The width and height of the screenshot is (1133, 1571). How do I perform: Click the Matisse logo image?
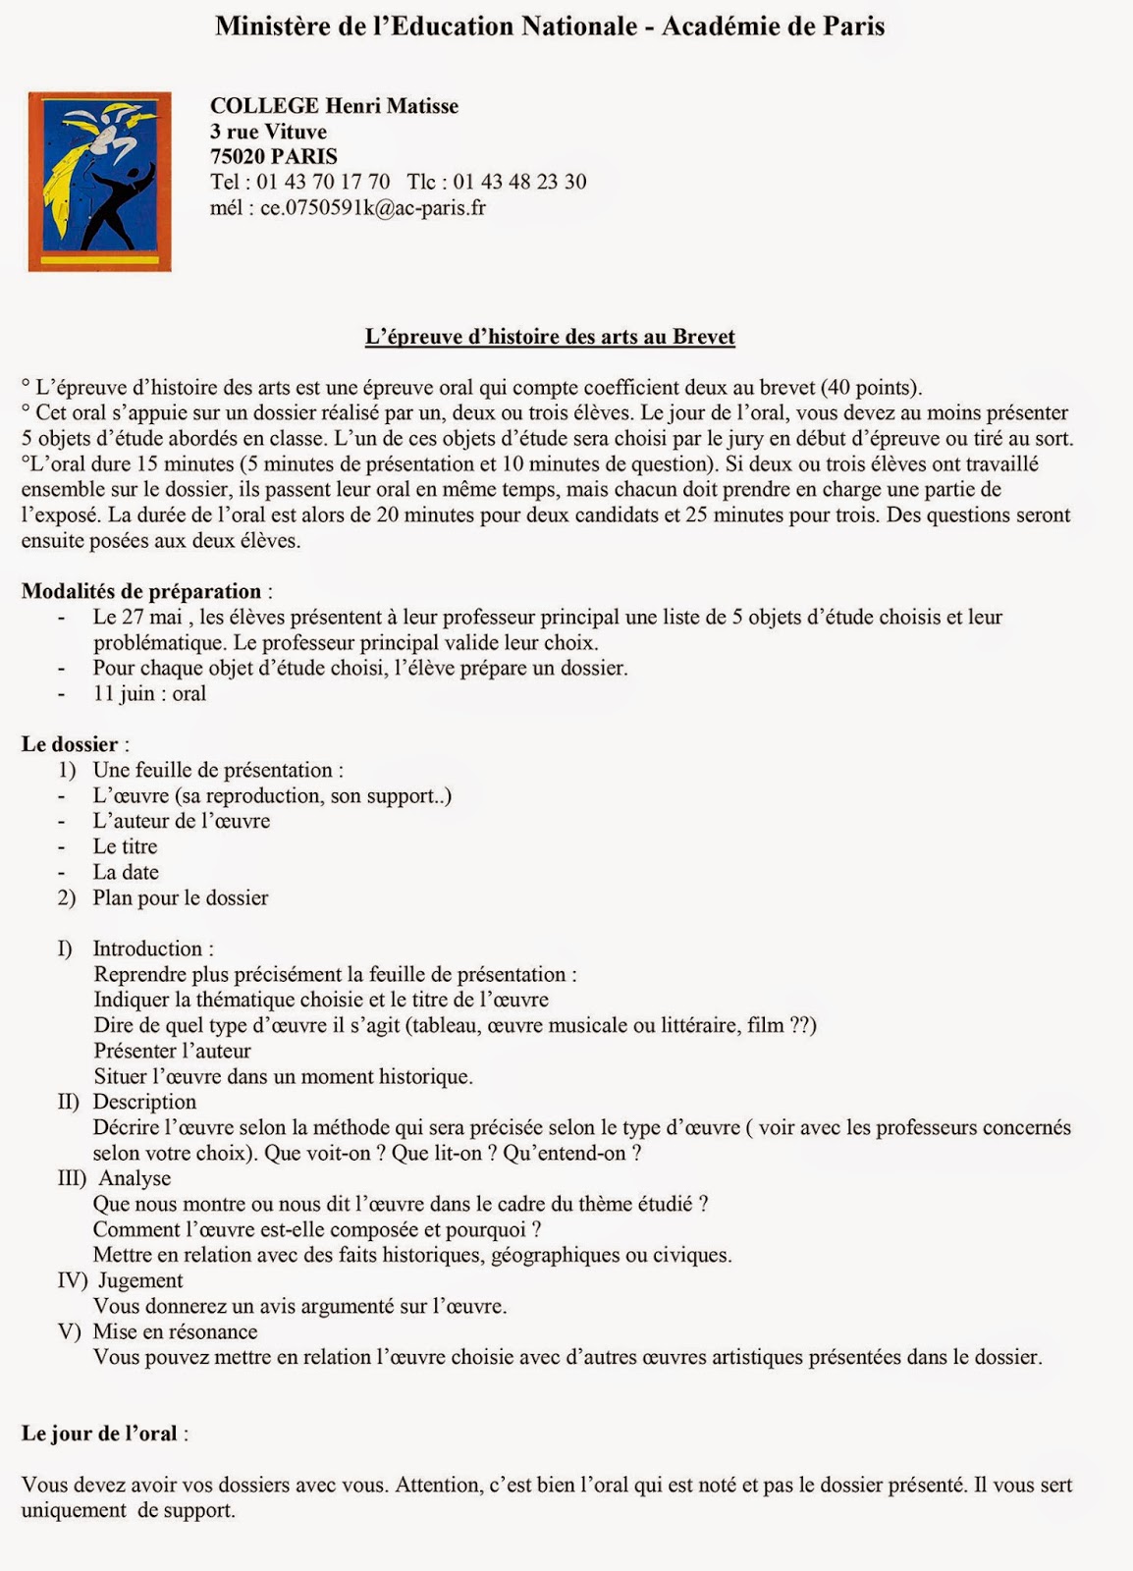99,182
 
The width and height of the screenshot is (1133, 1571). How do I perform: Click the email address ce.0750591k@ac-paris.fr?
372,207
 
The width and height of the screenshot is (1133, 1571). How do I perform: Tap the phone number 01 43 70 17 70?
323,182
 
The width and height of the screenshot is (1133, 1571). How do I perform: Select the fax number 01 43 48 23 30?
519,182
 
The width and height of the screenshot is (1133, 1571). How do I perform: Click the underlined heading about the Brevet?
550,337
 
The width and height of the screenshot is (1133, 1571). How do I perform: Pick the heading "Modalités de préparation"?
141,592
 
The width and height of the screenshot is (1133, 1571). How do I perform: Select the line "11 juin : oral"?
149,694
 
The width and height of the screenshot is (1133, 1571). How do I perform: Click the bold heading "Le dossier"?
70,745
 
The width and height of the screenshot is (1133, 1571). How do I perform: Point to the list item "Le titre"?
125,847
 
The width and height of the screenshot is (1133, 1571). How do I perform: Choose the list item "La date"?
126,873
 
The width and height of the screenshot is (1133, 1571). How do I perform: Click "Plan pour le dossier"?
181,898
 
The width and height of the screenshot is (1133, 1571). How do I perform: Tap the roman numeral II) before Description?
69,1103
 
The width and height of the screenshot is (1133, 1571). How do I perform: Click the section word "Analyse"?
135,1179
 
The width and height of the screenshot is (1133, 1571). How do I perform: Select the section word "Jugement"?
140,1281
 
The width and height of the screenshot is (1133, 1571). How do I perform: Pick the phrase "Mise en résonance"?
175,1332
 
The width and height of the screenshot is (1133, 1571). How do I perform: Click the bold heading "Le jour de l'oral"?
99,1435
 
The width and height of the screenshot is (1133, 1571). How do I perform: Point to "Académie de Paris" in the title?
773,27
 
